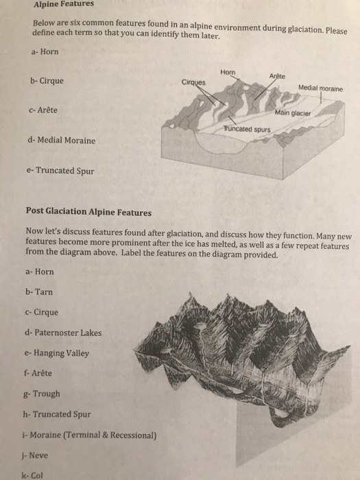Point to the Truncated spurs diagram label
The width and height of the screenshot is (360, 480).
[245, 129]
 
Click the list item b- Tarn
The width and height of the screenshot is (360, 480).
[38, 291]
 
